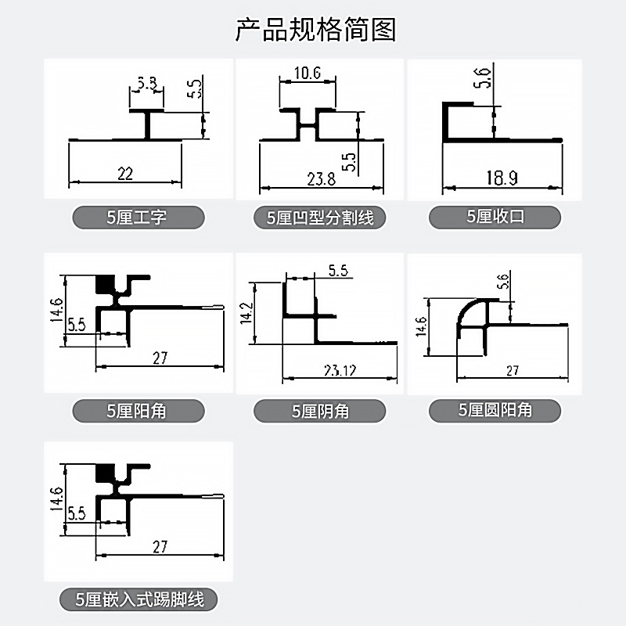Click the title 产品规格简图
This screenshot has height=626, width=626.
coord(315,29)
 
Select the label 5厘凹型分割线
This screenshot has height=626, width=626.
coord(320,218)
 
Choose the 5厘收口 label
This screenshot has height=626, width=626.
coord(495,217)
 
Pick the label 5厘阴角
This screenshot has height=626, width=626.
coord(319,411)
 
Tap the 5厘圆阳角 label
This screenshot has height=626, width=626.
coord(495,409)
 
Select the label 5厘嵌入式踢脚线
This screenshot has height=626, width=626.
coord(140,600)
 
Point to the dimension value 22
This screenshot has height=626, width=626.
coord(125,174)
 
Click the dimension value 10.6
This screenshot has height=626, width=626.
coord(308,74)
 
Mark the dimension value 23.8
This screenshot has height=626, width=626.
coord(321,179)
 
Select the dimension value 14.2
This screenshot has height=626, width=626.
coord(246,312)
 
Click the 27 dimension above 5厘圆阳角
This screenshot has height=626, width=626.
coord(513,371)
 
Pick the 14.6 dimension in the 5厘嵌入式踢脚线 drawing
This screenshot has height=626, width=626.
coord(55,498)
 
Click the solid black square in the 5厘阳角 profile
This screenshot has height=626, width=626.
coord(104,284)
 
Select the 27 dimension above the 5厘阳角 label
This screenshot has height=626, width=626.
coord(160,358)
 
